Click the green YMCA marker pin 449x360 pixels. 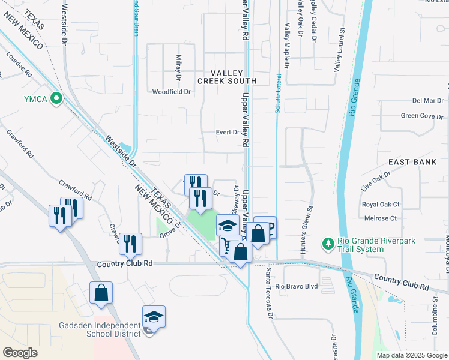[x=57, y=98]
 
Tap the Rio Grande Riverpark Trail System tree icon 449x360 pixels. [x=328, y=243]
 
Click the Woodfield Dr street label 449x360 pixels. [x=171, y=92]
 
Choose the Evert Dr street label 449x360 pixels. [x=228, y=133]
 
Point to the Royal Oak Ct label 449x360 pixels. [x=381, y=205]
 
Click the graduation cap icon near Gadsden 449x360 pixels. [x=154, y=317]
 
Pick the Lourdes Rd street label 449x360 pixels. [x=19, y=65]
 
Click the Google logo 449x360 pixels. [x=20, y=352]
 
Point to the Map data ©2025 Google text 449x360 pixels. [x=412, y=355]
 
